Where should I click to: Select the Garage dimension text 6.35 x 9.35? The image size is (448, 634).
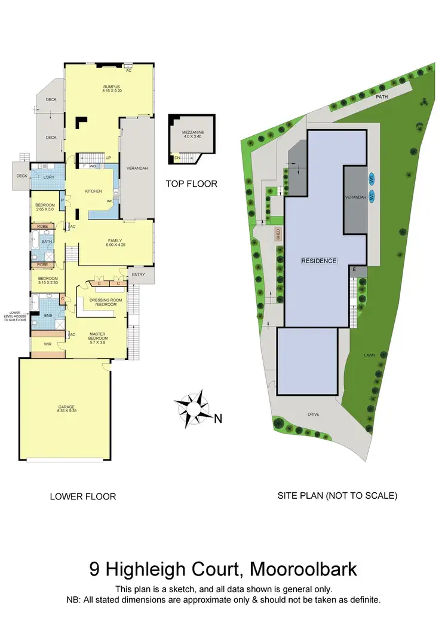[66, 411]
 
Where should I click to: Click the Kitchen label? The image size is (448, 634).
[94, 191]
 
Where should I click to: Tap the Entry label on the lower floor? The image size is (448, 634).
[139, 275]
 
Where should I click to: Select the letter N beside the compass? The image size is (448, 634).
[218, 419]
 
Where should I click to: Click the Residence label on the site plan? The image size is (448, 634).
[319, 261]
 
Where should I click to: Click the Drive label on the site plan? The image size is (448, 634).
[314, 414]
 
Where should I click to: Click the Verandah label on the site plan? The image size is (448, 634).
[355, 197]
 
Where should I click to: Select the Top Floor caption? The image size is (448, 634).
[191, 184]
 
